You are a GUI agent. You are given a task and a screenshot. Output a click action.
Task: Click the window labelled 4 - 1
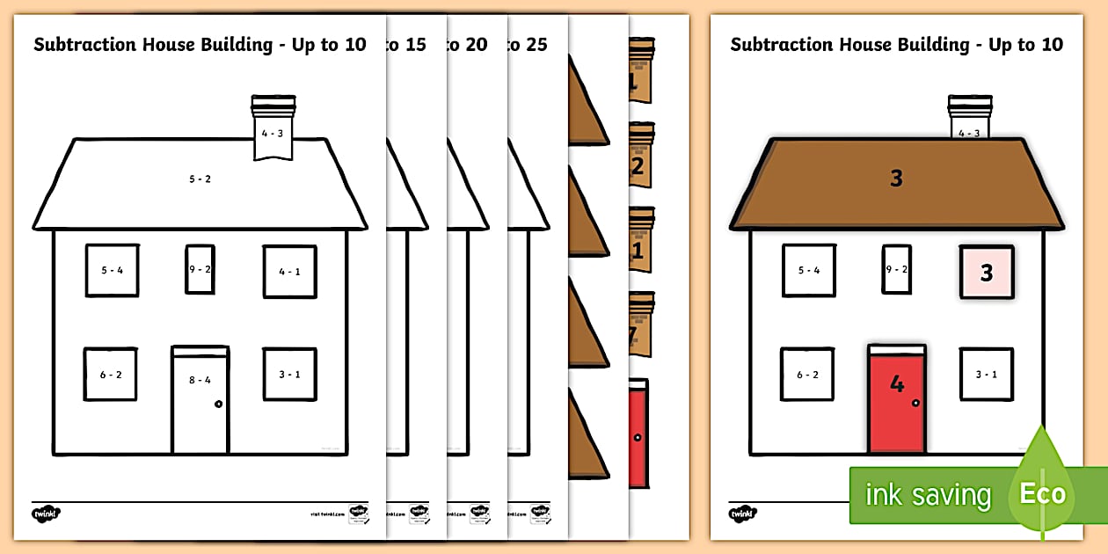click(290, 272)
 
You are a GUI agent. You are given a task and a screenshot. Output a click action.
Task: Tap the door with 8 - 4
click(200, 400)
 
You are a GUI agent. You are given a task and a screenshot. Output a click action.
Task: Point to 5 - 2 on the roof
click(200, 179)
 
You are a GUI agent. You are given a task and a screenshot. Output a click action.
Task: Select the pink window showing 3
click(987, 273)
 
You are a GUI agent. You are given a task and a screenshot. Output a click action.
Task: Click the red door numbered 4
click(897, 399)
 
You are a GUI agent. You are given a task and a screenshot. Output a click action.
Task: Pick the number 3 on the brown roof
click(896, 179)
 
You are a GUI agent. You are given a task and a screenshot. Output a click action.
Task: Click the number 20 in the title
click(476, 44)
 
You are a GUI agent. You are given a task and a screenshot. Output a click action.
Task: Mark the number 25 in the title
click(536, 44)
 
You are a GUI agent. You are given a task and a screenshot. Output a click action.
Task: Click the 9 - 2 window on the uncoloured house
click(200, 269)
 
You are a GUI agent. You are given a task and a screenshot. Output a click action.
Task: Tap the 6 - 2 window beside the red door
click(807, 375)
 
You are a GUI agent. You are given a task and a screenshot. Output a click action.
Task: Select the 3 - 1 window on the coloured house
click(986, 375)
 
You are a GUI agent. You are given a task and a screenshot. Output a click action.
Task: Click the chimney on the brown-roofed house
click(969, 118)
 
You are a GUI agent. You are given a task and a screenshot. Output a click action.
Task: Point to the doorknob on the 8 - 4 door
click(218, 404)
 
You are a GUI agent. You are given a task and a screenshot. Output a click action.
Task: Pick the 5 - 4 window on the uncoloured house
click(112, 271)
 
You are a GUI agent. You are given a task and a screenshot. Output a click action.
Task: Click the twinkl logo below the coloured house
click(743, 513)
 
